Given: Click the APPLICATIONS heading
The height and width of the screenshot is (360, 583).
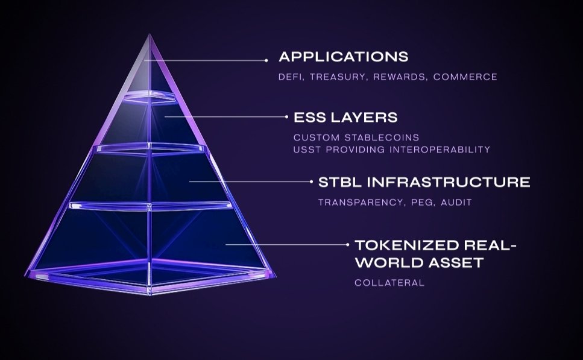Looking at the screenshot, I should [343, 57].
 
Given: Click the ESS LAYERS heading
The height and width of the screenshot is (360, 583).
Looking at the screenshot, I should [345, 116].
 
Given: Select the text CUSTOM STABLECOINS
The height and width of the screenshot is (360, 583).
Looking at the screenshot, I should [356, 137].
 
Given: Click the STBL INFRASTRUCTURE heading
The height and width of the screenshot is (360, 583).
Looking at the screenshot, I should [424, 182].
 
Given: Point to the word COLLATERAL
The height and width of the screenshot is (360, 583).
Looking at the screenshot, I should [389, 282].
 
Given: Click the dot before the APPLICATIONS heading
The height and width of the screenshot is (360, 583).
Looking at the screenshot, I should [266, 60].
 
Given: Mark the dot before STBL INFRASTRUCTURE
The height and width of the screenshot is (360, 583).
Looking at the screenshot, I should [310, 181].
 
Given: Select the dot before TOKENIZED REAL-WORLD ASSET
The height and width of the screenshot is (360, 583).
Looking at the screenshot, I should [348, 245].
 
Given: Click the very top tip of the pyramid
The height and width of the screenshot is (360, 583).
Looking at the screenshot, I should [149, 34].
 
